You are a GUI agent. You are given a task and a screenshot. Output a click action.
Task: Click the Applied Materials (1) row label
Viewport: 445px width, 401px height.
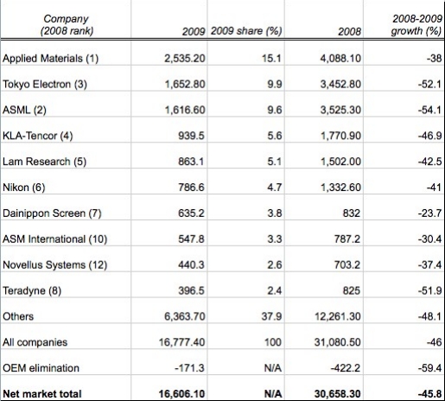(51, 59)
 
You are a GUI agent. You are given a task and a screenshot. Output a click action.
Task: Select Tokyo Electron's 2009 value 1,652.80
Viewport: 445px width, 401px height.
(185, 84)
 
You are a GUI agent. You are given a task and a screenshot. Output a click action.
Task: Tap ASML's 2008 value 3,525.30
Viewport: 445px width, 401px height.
(340, 110)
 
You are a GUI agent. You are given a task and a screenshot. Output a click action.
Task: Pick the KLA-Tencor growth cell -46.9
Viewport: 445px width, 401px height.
(430, 136)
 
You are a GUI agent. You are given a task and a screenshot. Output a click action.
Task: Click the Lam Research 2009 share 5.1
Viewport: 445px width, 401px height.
(275, 162)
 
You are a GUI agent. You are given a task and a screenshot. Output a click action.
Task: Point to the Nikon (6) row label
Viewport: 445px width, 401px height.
(24, 188)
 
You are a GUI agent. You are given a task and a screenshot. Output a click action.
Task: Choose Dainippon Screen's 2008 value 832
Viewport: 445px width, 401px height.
(352, 213)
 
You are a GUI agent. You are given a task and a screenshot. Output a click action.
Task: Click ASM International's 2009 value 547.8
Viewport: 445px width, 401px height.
(191, 239)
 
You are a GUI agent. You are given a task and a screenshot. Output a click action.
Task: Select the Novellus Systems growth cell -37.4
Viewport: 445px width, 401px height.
(430, 264)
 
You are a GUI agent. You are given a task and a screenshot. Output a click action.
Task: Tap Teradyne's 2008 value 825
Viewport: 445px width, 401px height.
(352, 290)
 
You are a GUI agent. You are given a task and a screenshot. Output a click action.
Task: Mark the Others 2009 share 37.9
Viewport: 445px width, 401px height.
(271, 316)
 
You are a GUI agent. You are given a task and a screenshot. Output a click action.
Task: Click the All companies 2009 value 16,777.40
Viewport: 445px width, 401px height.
(182, 342)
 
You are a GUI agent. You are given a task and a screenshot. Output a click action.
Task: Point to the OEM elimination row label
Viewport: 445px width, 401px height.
(41, 368)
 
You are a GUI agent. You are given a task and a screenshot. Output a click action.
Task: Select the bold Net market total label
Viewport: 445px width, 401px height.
(42, 394)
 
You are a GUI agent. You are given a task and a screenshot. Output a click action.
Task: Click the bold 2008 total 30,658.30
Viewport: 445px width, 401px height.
(338, 394)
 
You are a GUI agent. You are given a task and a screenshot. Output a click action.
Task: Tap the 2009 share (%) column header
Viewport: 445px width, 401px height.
(246, 31)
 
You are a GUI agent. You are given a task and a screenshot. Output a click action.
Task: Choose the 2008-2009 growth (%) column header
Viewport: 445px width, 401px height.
(416, 25)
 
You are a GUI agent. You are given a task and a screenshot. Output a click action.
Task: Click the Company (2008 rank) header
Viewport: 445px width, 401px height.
(67, 25)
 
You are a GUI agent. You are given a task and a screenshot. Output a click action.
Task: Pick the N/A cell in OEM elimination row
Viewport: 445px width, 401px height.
(273, 368)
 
